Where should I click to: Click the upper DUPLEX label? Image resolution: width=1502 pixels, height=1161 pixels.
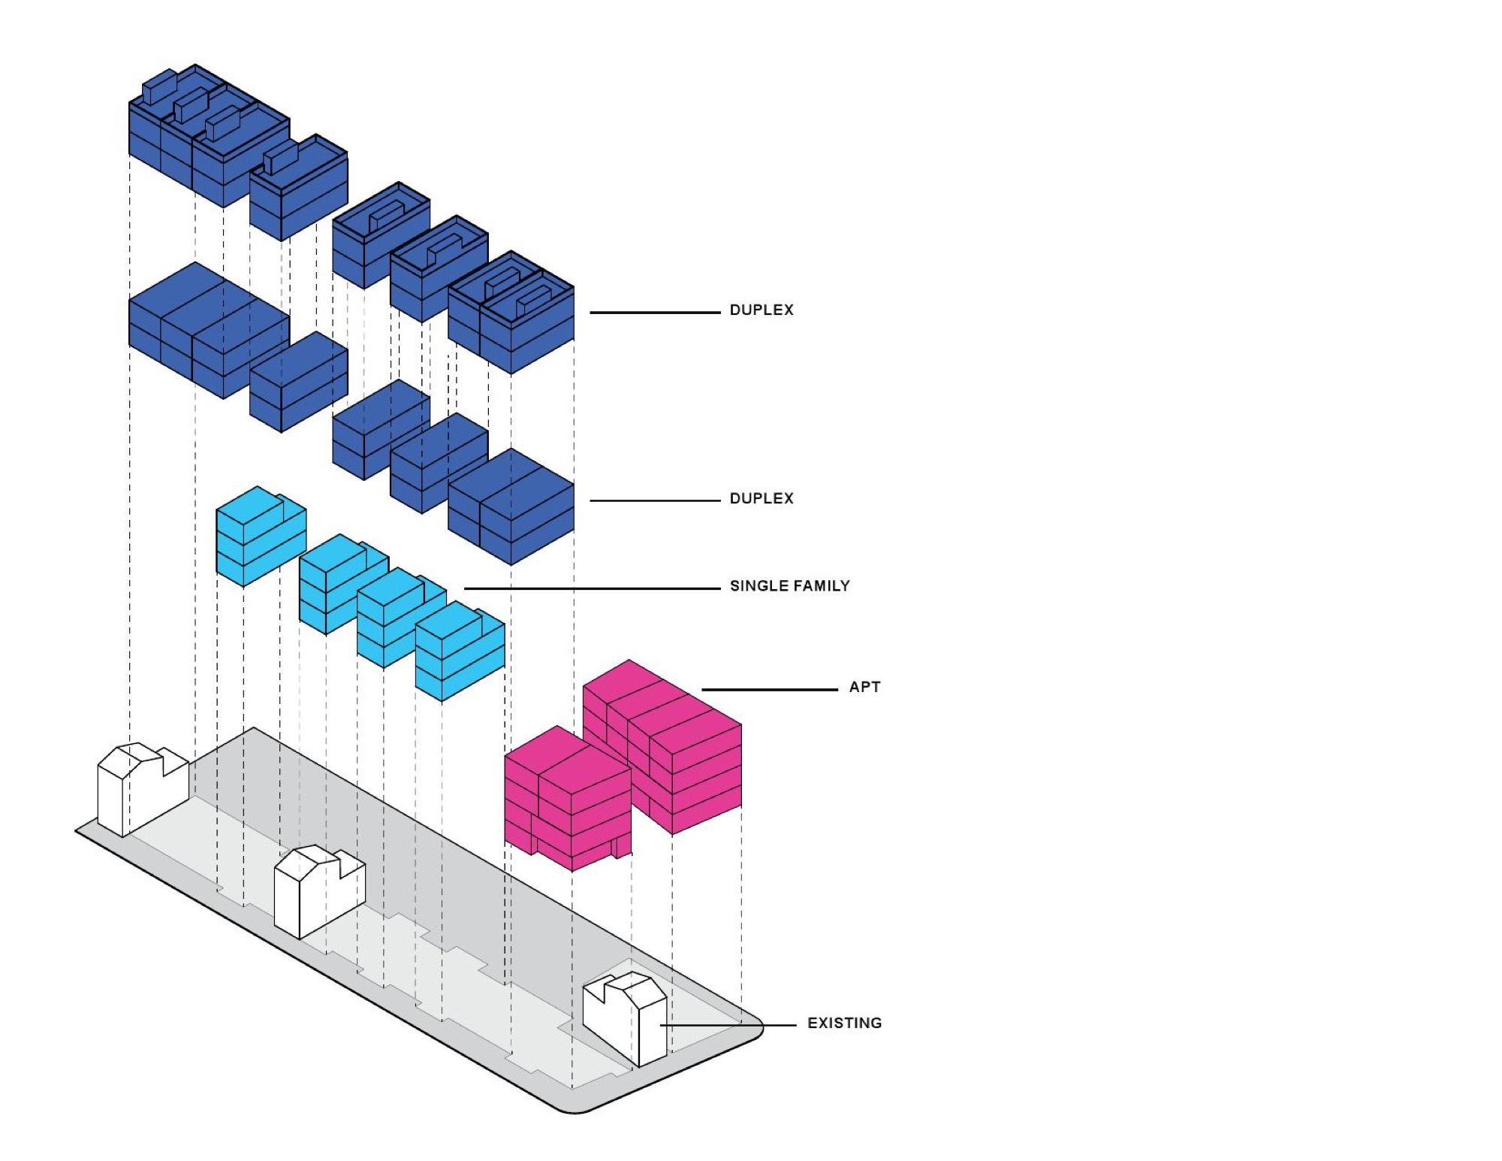761,310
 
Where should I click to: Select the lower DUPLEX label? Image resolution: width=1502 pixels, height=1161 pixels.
761,499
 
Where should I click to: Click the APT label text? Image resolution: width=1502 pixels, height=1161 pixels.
864,687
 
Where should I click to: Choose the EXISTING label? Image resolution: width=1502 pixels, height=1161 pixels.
844,1023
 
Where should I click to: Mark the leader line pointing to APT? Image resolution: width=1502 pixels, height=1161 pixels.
769,689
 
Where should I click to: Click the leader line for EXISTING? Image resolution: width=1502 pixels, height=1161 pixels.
728,1025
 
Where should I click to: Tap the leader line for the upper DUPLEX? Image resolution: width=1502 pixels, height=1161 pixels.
654,312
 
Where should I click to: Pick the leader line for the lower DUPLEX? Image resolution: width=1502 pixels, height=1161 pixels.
654,500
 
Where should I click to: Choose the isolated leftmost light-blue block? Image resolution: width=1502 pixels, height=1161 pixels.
260,535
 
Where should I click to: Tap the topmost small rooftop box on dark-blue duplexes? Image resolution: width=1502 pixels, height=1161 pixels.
158,86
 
